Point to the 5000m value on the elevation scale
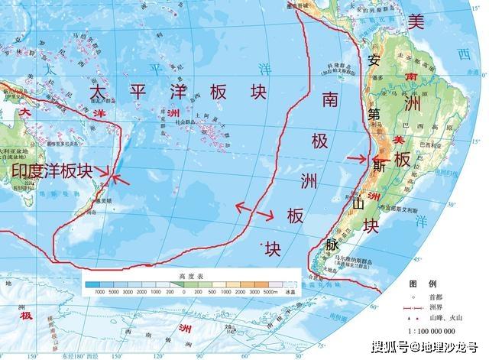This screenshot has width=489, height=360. tap(267, 292)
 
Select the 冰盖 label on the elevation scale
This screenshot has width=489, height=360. tap(288, 292)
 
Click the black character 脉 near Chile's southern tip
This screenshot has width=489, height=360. tap(332, 246)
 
